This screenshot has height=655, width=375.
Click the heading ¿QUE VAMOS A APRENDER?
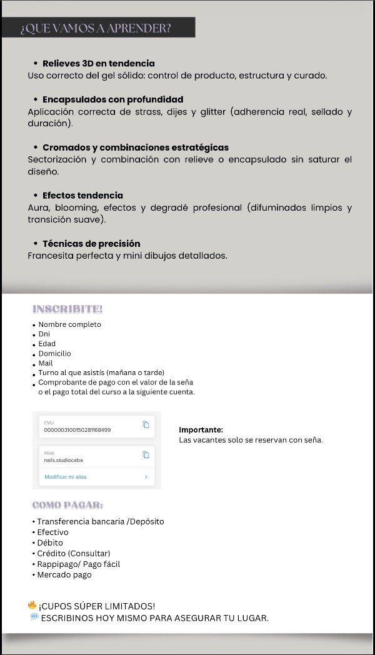pyautogui.click(x=96, y=28)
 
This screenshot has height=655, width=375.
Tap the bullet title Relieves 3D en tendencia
pyautogui.click(x=99, y=63)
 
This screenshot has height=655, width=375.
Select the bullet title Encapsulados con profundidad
pyautogui.click(x=112, y=99)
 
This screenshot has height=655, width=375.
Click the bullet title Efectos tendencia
pyautogui.click(x=82, y=196)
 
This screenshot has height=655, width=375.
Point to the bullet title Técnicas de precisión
pyautogui.click(x=91, y=244)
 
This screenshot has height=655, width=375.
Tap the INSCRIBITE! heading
pyautogui.click(x=67, y=309)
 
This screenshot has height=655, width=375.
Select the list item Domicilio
pyautogui.click(x=54, y=354)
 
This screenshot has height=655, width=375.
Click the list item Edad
pyautogui.click(x=47, y=344)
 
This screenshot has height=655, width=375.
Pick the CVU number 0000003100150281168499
pyautogui.click(x=77, y=430)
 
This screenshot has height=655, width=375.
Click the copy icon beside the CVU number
pyautogui.click(x=146, y=425)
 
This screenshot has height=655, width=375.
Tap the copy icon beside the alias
pyautogui.click(x=146, y=455)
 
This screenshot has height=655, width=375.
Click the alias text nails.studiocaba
pyautogui.click(x=63, y=460)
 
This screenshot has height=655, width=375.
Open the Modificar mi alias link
pyautogui.click(x=66, y=477)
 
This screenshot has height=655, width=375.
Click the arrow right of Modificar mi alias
pyautogui.click(x=146, y=477)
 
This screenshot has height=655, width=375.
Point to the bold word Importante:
pyautogui.click(x=201, y=430)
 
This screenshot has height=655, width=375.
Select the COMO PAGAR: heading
pyautogui.click(x=67, y=505)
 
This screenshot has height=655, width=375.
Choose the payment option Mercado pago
pyautogui.click(x=64, y=575)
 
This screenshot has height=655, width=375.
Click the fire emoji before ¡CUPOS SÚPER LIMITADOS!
pyautogui.click(x=32, y=605)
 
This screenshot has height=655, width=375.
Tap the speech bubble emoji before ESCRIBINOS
pyautogui.click(x=34, y=617)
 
